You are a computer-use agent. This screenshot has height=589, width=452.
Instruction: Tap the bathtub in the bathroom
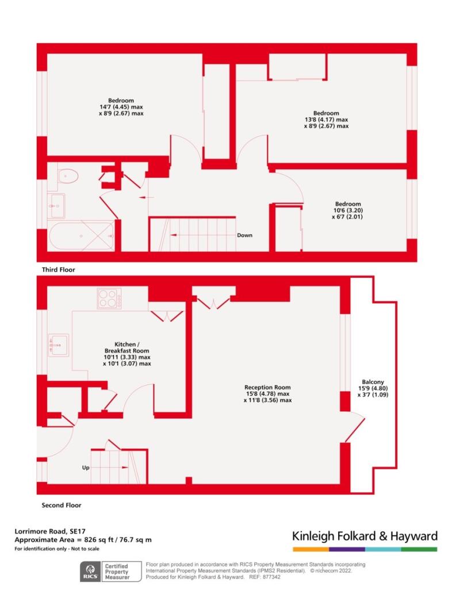[x=81, y=235]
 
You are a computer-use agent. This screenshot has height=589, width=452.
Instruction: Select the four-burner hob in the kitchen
[x=109, y=299]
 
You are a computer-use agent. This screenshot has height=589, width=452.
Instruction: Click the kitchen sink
[x=59, y=345]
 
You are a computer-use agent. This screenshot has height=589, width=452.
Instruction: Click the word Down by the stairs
[x=244, y=235]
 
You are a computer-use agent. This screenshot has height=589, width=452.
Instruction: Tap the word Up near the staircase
[x=86, y=468]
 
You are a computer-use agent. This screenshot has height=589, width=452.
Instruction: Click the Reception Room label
[x=267, y=387]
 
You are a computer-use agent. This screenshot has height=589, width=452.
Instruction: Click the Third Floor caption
[x=58, y=269]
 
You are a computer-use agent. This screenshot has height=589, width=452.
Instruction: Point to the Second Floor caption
[x=62, y=505]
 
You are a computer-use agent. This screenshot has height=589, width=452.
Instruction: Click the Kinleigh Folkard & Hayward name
[x=365, y=536]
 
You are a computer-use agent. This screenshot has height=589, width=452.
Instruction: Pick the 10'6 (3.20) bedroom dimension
[x=348, y=211]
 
